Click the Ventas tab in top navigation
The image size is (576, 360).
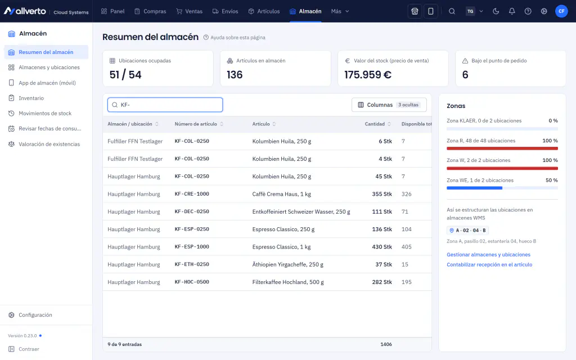click(x=189, y=11)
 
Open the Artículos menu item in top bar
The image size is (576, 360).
click(x=264, y=11)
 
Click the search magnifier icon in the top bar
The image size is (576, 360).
click(x=452, y=11)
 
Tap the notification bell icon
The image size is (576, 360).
click(x=512, y=11)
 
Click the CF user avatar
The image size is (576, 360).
click(x=561, y=11)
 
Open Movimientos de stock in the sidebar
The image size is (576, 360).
click(x=40, y=114)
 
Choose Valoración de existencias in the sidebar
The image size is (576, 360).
click(x=44, y=144)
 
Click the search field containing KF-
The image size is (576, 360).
click(x=165, y=105)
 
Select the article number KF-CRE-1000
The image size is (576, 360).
click(x=192, y=194)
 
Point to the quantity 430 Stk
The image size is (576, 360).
click(x=382, y=247)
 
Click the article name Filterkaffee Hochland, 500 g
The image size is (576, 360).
click(x=288, y=282)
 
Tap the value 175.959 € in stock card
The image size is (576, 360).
click(x=368, y=75)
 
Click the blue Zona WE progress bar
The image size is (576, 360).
click(x=474, y=188)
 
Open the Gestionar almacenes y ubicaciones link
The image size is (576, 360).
click(x=489, y=255)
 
